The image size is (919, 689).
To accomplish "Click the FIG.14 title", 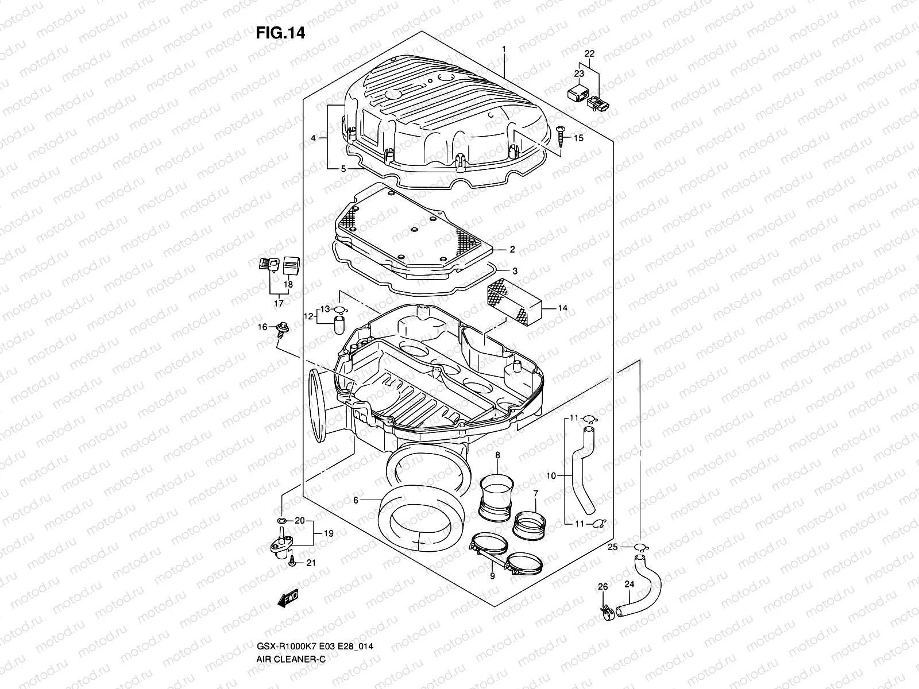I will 280,33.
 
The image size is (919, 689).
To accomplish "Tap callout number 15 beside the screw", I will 578,138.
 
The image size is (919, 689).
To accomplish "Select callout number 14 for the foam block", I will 562,308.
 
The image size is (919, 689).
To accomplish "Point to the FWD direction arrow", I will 288,599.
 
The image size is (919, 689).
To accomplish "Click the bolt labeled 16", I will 283,328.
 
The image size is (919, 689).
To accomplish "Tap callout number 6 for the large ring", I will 356,501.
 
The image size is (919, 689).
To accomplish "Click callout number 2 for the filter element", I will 512,250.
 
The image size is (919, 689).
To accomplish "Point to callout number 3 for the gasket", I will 515,270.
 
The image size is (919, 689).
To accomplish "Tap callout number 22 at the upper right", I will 589,53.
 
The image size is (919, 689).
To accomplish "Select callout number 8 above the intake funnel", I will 497,455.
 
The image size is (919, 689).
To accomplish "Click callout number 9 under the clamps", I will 492,575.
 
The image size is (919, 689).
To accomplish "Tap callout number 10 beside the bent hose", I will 551,476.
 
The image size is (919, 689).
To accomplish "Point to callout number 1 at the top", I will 504,50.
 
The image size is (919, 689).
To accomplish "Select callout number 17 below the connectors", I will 279,303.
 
